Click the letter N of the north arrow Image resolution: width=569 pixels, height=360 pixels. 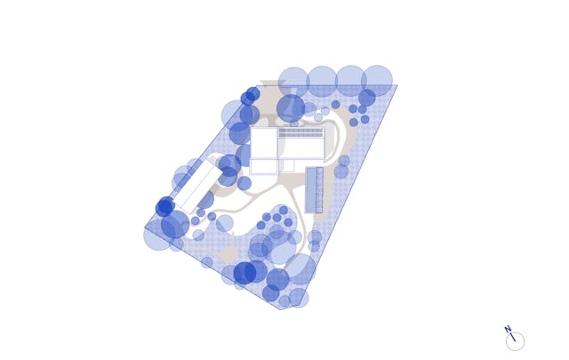[x=508, y=329]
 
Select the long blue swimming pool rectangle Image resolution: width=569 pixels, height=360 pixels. [x=311, y=190]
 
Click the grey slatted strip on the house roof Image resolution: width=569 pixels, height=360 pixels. [x=301, y=132]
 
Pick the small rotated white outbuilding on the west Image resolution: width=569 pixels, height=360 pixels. [x=197, y=187]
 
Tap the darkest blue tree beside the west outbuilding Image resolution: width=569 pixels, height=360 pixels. [x=165, y=206]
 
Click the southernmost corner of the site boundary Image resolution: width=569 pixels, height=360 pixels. [x=280, y=309]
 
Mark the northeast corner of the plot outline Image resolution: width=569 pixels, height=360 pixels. [x=397, y=85]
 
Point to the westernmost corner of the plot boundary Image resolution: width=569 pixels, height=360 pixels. [x=144, y=228]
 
